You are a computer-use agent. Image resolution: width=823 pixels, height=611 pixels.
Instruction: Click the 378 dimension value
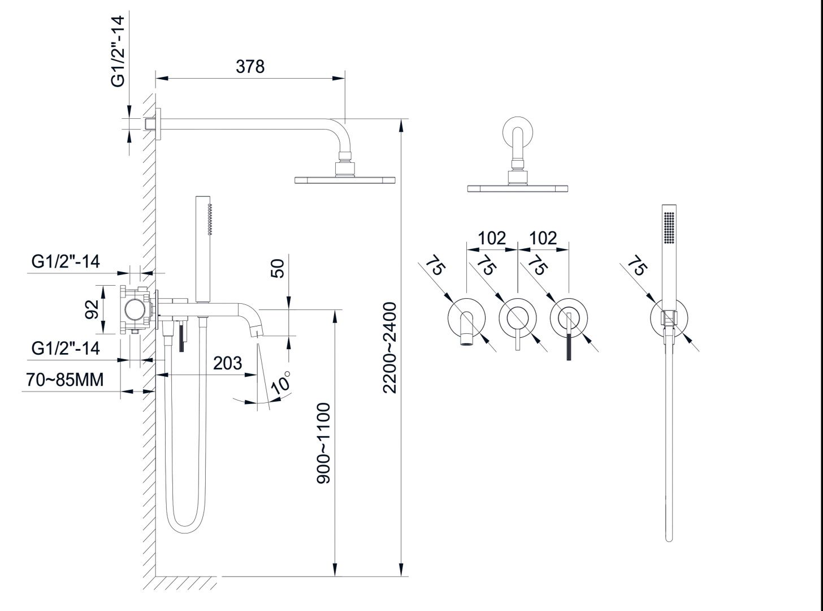coord(250,66)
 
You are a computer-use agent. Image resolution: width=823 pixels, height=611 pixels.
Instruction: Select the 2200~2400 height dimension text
coord(391,347)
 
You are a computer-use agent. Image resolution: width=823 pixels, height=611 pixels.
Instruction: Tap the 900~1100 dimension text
coord(324,443)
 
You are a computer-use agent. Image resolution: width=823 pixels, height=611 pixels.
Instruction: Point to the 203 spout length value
coord(227,363)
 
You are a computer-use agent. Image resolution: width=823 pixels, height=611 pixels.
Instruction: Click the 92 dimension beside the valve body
coord(92,309)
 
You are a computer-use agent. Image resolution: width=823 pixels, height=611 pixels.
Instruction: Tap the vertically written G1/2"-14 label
coord(118,51)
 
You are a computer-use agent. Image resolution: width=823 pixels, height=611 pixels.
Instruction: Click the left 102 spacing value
coord(492,238)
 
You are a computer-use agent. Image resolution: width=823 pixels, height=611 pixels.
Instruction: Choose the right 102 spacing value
coord(543,238)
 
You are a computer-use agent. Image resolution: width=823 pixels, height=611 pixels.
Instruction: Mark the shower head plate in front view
coord(517,188)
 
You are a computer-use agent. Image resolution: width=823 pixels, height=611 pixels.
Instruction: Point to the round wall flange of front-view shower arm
coord(517,131)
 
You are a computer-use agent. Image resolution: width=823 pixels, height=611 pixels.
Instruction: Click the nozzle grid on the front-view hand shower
coord(669,228)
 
